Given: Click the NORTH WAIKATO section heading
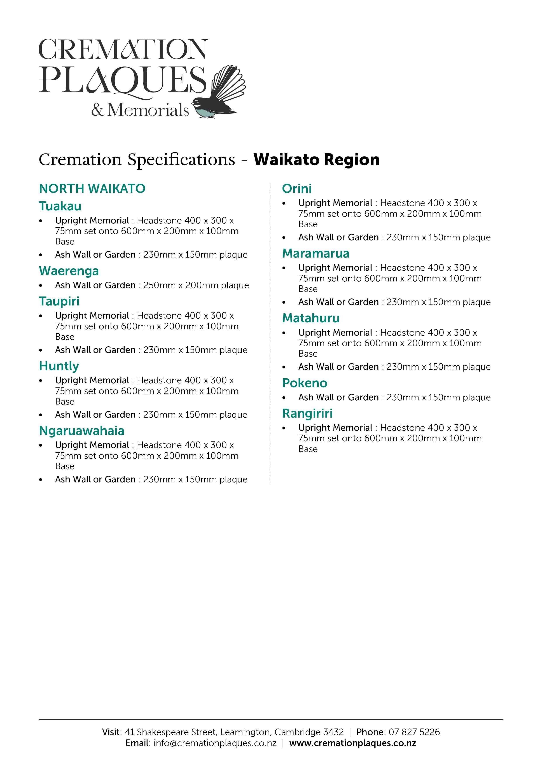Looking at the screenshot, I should pyautogui.click(x=92, y=189).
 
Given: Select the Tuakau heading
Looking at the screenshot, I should pyautogui.click(x=60, y=206).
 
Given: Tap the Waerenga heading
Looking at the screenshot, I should pyautogui.click(x=69, y=271).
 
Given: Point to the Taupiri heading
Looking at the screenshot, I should pyautogui.click(x=59, y=301).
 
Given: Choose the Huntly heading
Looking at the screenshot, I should pyautogui.click(x=59, y=366).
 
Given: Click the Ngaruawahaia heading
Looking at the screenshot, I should pyautogui.click(x=82, y=431).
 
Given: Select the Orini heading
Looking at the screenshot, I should pyautogui.click(x=297, y=189).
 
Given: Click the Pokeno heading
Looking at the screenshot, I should pyautogui.click(x=305, y=383).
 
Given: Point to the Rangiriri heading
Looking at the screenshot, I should pyautogui.click(x=307, y=414).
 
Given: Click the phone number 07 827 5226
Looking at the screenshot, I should pyautogui.click(x=414, y=732).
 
